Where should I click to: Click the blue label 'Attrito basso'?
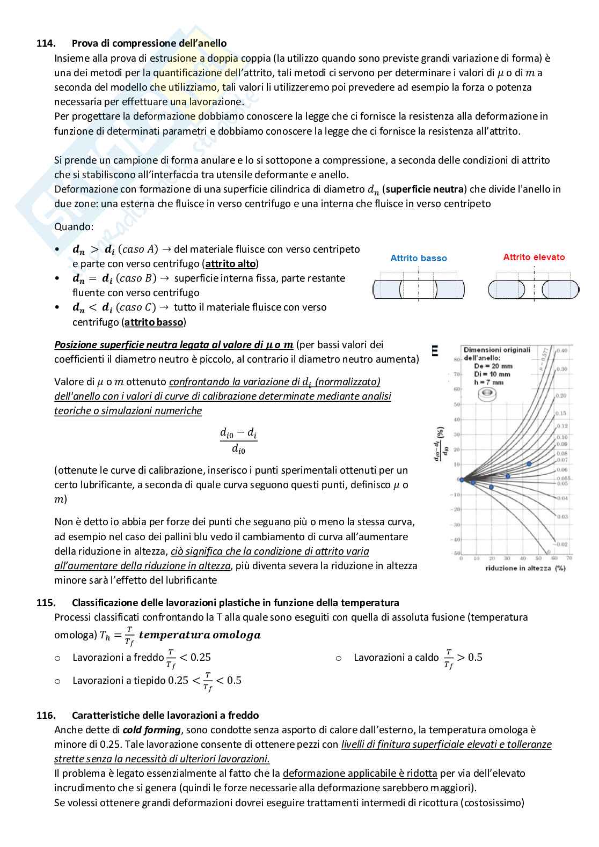coord(418,258)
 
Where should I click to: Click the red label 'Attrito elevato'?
coord(534,257)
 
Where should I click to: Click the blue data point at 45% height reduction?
coord(529,464)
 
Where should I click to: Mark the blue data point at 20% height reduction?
coord(491,487)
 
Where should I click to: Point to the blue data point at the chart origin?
coord(462,480)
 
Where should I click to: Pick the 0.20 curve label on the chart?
coord(562,395)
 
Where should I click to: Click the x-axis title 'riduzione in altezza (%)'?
coord(518,568)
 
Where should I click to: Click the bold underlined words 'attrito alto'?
coord(230,264)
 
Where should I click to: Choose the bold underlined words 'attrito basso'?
coord(154,322)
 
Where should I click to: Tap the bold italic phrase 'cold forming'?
coord(151,730)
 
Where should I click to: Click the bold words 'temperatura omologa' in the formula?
coord(199,635)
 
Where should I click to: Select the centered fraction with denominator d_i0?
coord(238,441)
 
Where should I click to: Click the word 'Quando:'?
coord(74,226)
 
